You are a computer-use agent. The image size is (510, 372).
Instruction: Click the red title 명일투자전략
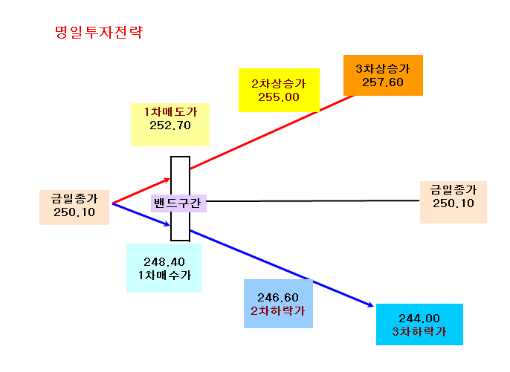pos(99,32)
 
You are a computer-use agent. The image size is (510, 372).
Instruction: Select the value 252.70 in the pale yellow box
pos(170,125)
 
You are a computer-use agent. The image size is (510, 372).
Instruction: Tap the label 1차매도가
pos(170,112)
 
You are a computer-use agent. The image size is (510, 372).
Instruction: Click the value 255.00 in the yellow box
pos(279,97)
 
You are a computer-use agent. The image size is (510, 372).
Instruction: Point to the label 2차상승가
pos(279,83)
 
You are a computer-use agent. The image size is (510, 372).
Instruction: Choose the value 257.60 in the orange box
pos(383,82)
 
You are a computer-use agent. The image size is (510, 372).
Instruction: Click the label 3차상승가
pos(383,68)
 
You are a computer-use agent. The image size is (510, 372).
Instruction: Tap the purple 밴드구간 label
pos(178,203)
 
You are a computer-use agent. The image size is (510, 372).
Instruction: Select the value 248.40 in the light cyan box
pos(164,261)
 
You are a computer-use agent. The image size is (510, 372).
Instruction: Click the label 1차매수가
pos(164,275)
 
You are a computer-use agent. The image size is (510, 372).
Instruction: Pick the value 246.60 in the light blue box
pos(278,297)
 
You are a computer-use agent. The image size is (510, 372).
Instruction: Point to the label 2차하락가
pos(278,311)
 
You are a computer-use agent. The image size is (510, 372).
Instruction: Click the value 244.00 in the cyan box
pos(419,318)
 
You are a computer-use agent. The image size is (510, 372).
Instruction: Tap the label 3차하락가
pos(419,332)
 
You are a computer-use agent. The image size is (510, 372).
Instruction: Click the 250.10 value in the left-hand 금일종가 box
pos(74,212)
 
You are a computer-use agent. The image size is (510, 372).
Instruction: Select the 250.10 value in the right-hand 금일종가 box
pos(453,203)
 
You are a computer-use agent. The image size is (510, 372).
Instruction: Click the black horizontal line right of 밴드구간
pos(313,200)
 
